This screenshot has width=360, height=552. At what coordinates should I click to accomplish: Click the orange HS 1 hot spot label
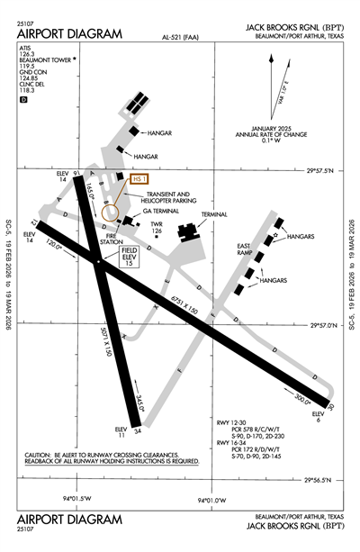tap(139, 179)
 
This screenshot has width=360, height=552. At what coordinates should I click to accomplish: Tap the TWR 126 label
tap(157, 227)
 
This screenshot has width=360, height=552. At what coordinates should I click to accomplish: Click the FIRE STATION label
tap(112, 240)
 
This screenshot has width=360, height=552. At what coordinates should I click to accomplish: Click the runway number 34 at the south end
tap(137, 430)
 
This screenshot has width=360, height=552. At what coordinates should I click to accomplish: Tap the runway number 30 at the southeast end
tap(331, 408)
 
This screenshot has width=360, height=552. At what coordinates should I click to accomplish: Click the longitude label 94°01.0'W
tap(213, 501)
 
